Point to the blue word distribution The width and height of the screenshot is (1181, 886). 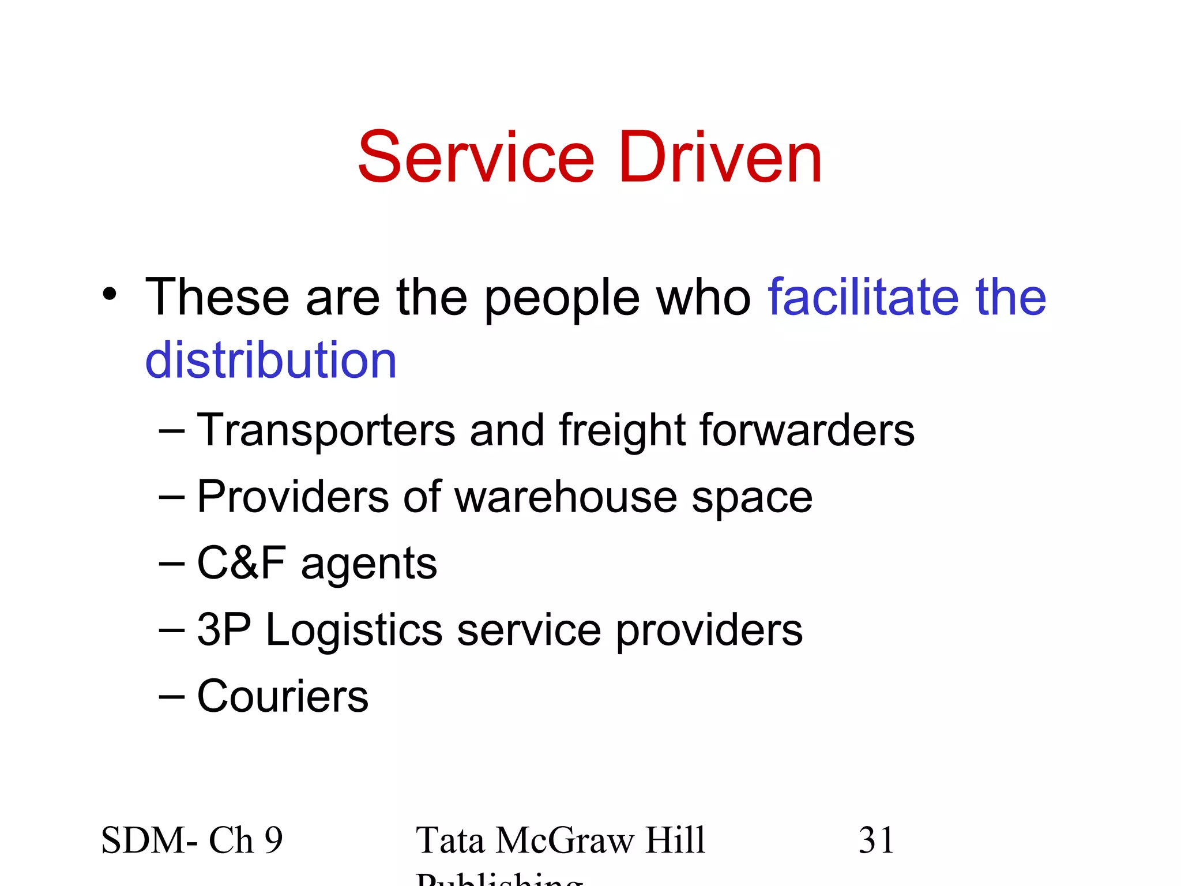tap(270, 360)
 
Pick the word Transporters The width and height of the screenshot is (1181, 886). tap(326, 430)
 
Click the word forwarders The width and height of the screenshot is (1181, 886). tap(807, 430)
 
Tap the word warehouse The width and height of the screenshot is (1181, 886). tap(566, 497)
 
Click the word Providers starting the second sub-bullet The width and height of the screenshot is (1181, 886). tap(293, 497)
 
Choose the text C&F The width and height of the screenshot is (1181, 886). tap(241, 563)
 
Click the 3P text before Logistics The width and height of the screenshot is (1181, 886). tap(224, 629)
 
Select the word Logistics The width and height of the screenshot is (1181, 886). tap(354, 630)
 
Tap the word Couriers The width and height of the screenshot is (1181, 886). tap(283, 696)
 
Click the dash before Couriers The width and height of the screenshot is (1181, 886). tap(171, 697)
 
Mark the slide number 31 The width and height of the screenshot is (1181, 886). tap(876, 840)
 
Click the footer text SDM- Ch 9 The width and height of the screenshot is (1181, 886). tap(192, 840)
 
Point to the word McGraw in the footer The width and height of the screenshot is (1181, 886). tap(564, 840)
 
